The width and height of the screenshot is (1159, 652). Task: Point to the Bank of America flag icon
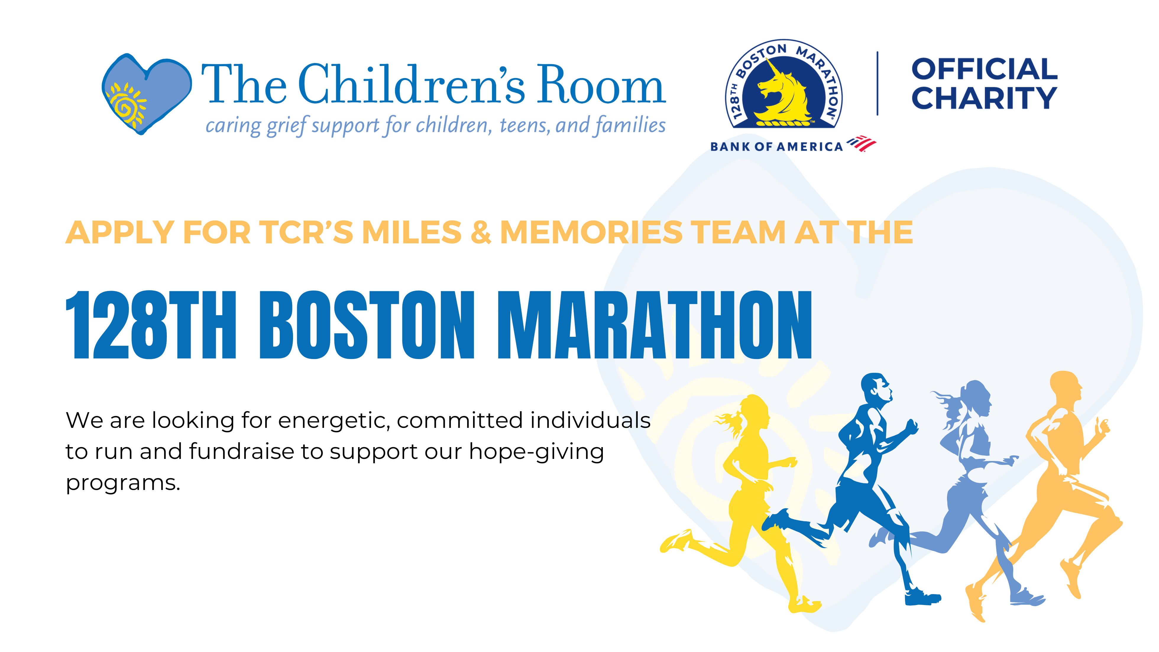861,143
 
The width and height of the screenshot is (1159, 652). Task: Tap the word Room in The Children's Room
602,84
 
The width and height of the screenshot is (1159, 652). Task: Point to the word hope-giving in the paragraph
536,451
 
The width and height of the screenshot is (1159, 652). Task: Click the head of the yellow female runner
752,412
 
